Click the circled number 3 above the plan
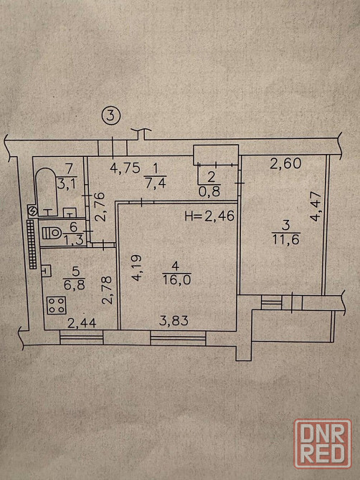coord(112,115)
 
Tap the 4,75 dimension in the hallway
coord(125,168)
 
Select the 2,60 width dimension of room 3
coord(285,163)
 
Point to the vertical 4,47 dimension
coord(316,206)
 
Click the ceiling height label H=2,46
coord(209,216)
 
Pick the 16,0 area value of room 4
coord(176,280)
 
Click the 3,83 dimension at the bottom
coord(174,321)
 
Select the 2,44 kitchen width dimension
coord(82,322)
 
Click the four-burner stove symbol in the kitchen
coord(57,305)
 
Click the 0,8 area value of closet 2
coord(210,191)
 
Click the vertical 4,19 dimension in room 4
coord(137,267)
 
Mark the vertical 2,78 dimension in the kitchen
coord(108,290)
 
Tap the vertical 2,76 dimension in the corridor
coord(100,206)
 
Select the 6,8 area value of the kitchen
coord(75,285)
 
